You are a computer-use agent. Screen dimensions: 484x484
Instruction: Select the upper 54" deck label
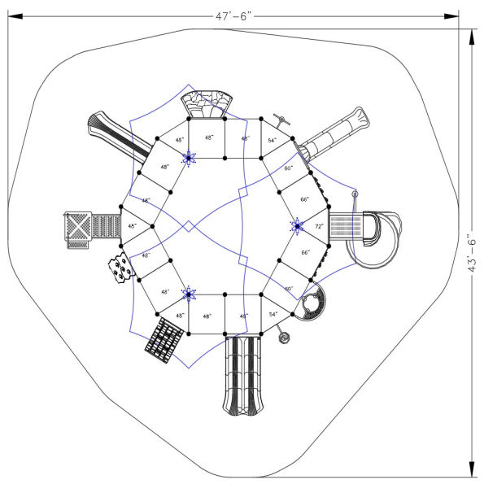pyautogui.click(x=273, y=141)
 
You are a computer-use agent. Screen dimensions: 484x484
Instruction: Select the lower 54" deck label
pyautogui.click(x=273, y=314)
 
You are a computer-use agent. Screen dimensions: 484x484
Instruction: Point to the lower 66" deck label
pyautogui.click(x=305, y=253)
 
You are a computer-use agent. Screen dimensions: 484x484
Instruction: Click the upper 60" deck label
pyautogui.click(x=288, y=168)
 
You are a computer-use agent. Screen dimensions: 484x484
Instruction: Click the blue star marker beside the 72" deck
pyautogui.click(x=296, y=225)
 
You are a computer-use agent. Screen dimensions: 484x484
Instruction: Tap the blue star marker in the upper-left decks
pyautogui.click(x=189, y=158)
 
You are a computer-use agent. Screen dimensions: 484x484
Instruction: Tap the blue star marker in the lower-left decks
pyautogui.click(x=189, y=294)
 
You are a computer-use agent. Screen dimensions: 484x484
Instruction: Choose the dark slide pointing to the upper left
pyautogui.click(x=117, y=131)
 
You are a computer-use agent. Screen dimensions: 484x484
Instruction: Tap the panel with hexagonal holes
pyautogui.click(x=120, y=268)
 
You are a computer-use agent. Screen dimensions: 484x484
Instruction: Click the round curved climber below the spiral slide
pyautogui.click(x=312, y=306)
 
